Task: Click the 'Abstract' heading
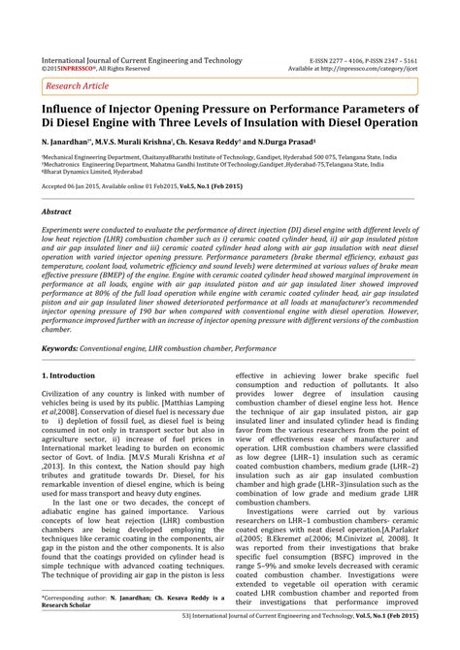(56, 210)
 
